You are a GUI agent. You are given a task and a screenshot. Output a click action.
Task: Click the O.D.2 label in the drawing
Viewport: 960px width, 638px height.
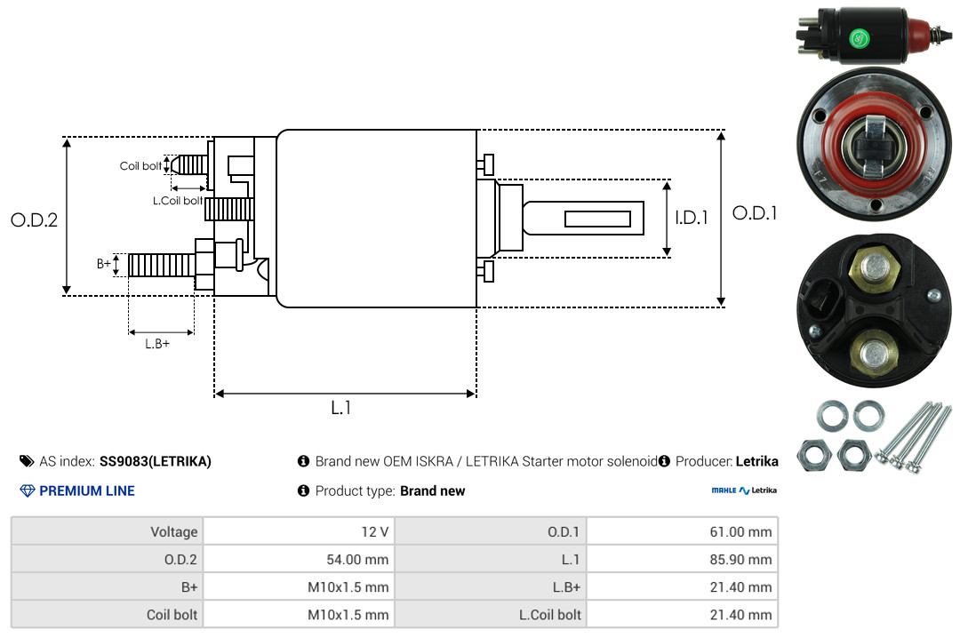click(35, 219)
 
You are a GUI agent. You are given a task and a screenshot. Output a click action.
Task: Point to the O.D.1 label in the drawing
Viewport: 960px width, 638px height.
click(755, 213)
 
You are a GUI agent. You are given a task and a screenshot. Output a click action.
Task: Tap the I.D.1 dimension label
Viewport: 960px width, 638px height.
click(692, 218)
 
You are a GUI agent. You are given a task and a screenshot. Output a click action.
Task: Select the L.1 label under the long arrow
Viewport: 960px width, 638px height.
click(341, 408)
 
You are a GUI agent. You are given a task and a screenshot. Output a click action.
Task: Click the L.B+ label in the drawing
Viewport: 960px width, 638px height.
click(157, 344)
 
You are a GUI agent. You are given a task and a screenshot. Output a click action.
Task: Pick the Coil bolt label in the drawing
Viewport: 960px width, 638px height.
click(140, 166)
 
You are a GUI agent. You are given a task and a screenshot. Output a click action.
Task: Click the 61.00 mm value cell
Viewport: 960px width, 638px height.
click(683, 531)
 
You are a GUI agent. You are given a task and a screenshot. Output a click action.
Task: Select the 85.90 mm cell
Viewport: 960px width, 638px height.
click(683, 559)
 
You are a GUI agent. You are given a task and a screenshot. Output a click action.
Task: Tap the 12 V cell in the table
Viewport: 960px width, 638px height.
click(299, 531)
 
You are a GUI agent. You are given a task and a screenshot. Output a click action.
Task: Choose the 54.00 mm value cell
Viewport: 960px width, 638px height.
click(299, 559)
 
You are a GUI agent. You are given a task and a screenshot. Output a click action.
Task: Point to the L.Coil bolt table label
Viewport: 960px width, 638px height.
click(550, 615)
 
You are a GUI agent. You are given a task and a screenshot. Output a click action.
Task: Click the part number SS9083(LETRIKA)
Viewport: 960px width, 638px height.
click(156, 461)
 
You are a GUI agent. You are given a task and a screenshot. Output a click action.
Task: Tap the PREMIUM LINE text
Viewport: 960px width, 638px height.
click(87, 491)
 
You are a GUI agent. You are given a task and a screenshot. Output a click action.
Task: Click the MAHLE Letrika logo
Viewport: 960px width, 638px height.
click(744, 490)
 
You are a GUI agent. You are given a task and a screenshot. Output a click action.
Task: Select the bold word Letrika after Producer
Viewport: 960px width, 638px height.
click(757, 461)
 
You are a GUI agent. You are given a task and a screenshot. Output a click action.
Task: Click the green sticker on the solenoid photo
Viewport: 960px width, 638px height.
click(859, 38)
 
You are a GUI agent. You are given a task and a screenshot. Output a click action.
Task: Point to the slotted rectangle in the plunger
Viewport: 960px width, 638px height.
click(597, 219)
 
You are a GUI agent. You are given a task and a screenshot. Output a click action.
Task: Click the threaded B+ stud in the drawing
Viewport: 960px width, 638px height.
click(163, 265)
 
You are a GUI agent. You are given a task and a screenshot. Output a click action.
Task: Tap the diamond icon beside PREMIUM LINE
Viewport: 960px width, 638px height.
click(28, 491)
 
